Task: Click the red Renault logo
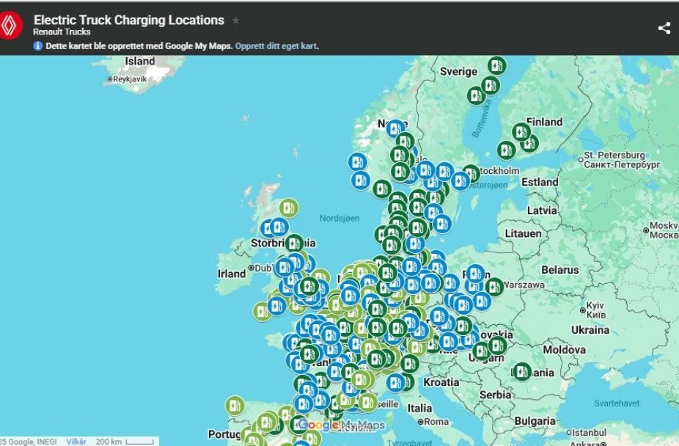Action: (11, 26)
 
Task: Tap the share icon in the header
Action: (664, 28)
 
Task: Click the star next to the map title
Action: (236, 21)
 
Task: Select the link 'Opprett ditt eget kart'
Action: (276, 45)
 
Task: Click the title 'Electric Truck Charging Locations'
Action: (129, 21)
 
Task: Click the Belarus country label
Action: (559, 270)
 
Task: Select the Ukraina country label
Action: (590, 330)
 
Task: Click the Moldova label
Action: (564, 350)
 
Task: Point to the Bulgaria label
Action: (535, 421)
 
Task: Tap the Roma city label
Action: (436, 422)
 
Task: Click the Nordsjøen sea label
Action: (340, 218)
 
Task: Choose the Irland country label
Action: (232, 274)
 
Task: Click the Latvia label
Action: (542, 211)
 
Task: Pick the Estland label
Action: (540, 182)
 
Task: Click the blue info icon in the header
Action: (38, 45)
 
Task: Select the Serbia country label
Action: (495, 395)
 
